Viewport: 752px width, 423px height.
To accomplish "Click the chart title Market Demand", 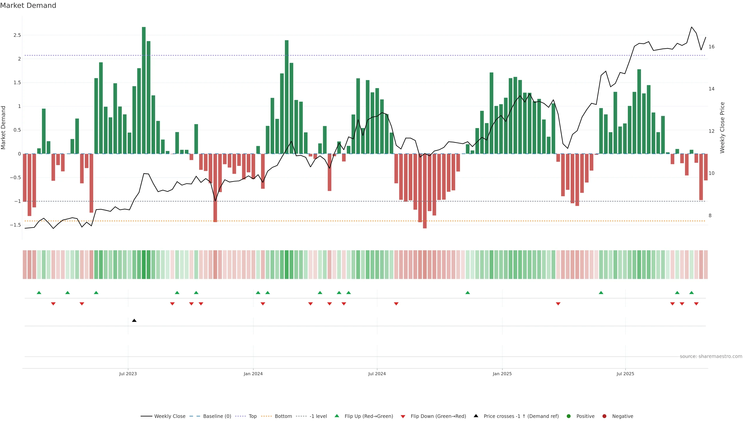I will (28, 5).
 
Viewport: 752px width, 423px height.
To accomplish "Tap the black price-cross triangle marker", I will (134, 321).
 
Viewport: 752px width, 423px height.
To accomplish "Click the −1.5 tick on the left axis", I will (15, 225).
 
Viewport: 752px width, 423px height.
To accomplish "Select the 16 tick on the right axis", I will (711, 47).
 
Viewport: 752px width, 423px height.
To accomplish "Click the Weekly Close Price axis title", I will (722, 127).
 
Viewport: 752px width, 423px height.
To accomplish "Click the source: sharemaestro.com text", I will (711, 356).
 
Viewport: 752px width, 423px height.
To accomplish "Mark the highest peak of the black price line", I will (691, 27).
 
